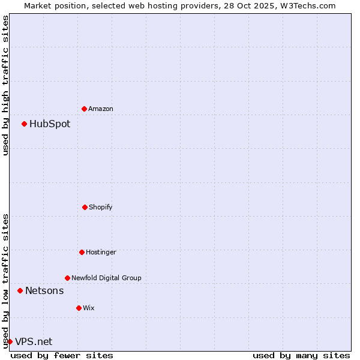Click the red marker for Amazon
coord(84,109)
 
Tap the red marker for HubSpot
coord(24,124)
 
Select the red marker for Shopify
coord(85,207)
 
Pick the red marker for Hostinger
coord(82,252)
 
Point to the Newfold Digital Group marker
coord(67,278)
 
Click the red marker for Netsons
coord(20,290)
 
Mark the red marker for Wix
coord(79,308)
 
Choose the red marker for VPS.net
coord(10,341)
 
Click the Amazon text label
coord(101,109)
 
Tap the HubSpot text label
coord(50,124)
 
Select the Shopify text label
coord(101,207)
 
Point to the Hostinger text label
coord(101,252)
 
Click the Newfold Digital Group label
coord(106,278)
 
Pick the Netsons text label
coord(44,291)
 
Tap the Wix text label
coord(89,308)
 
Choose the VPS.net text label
coord(34,342)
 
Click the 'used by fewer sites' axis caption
coord(62,355)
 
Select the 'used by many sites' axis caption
coord(301,355)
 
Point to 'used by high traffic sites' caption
coord(5,85)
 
